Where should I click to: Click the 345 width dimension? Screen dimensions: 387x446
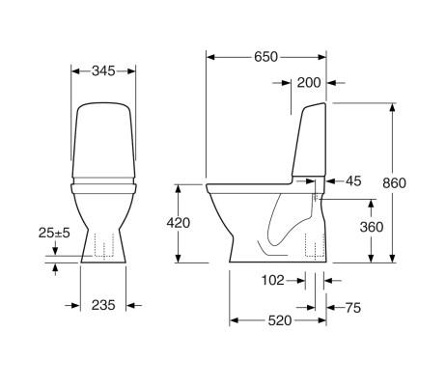104,70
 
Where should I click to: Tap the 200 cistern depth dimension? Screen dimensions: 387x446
309,83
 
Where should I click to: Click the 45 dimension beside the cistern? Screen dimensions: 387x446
352,181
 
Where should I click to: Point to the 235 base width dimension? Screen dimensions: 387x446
104,305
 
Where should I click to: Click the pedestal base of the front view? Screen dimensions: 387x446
104,249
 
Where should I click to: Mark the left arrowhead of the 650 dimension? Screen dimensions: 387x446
211,57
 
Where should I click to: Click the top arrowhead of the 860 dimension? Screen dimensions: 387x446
392,104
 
